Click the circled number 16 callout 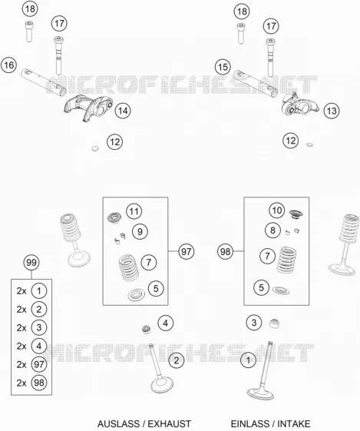tap(8, 65)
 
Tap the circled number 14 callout tap(123, 111)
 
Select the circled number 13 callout tap(332, 111)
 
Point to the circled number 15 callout tap(223, 67)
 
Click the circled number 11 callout tap(134, 211)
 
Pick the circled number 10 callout tap(276, 211)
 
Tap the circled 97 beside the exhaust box tap(187, 251)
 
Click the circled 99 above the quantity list tap(31, 262)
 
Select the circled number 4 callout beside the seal tap(166, 323)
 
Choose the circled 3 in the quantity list tap(39, 327)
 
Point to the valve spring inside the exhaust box tap(129, 267)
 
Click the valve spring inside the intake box tap(286, 260)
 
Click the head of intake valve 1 tap(260, 393)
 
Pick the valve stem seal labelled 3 tap(274, 323)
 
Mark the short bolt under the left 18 tap(29, 31)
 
